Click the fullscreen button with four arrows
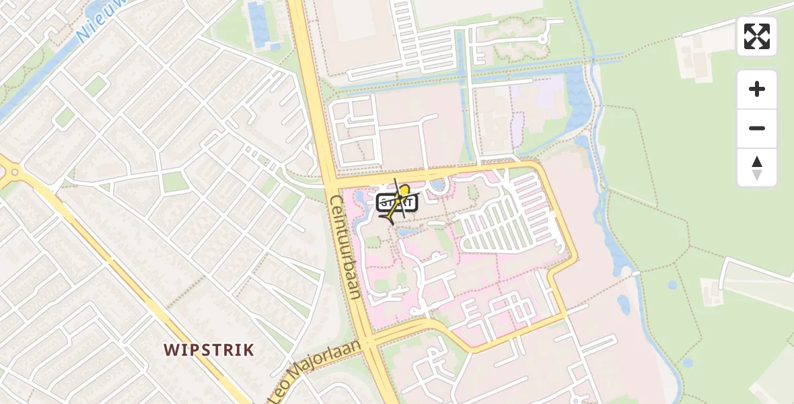(757, 36)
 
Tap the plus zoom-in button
(757, 89)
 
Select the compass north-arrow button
(757, 168)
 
